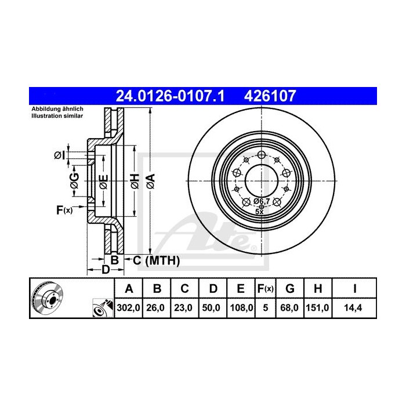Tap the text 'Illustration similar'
pos(57,117)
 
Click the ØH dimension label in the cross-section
pos(134,180)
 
